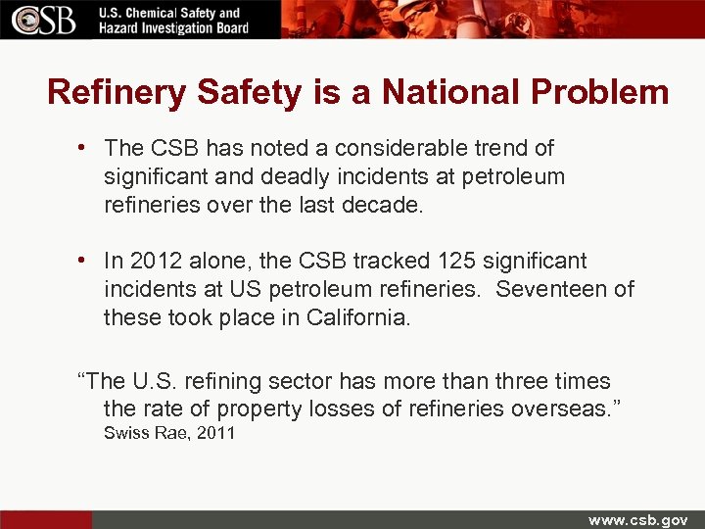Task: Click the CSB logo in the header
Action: tap(44, 20)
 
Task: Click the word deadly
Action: tap(284, 176)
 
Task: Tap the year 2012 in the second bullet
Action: tap(155, 261)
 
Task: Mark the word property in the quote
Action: tap(258, 409)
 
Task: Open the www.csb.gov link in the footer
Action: tap(637, 519)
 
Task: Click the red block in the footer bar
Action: tap(46, 519)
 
